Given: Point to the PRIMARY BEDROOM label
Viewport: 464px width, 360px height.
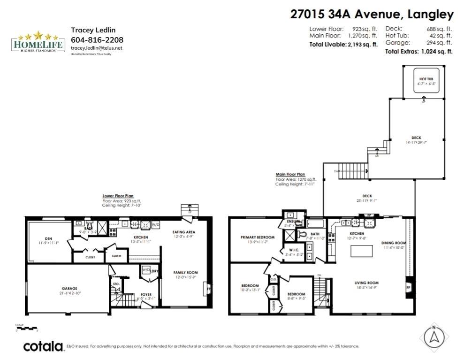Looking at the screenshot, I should click(x=258, y=237).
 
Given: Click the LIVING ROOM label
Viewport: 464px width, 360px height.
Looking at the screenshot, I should click(x=366, y=283).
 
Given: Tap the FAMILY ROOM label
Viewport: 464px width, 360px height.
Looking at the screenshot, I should click(x=185, y=272).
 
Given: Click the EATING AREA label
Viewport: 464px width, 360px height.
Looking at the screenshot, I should click(x=184, y=232).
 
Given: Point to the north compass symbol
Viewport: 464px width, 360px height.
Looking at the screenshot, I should click(x=434, y=336).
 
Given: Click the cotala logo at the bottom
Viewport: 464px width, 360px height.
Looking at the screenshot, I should click(x=43, y=347).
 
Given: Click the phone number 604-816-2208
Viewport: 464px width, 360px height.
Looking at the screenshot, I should click(x=97, y=39).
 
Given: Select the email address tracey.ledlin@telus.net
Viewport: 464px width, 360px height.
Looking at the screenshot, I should click(x=97, y=48).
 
